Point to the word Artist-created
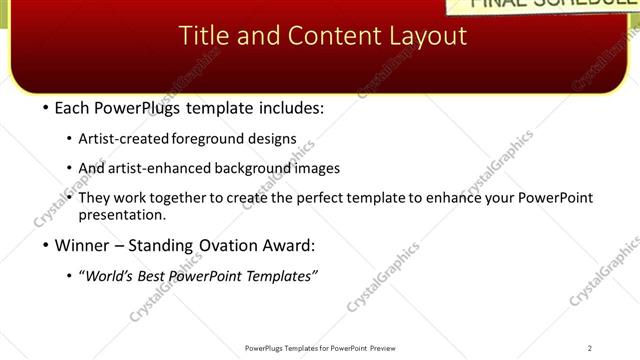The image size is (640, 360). click(x=125, y=139)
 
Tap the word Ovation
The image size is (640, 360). click(x=215, y=245)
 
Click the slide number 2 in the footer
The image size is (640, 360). click(x=590, y=348)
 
